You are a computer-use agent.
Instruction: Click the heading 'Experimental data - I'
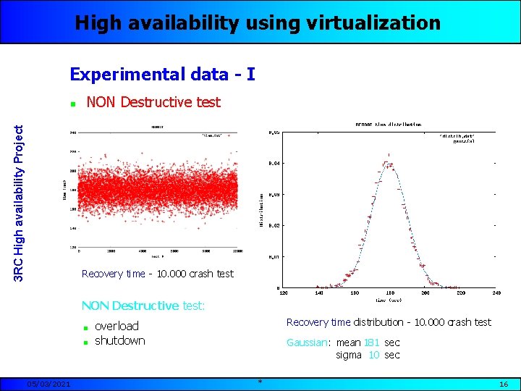tap(161, 74)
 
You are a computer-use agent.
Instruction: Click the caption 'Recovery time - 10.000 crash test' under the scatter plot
tap(158, 274)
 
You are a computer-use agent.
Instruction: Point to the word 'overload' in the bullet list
tap(117, 326)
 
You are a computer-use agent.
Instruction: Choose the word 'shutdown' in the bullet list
tap(119, 340)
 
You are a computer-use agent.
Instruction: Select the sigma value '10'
tap(374, 355)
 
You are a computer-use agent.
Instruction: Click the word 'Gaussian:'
tap(309, 342)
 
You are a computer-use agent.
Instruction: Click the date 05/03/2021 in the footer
tap(48, 383)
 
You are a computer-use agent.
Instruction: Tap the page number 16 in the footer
tap(504, 383)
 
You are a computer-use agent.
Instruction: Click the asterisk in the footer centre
tap(260, 382)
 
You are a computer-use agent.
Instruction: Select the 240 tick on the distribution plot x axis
tap(496, 293)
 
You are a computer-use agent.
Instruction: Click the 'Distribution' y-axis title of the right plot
tap(262, 210)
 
